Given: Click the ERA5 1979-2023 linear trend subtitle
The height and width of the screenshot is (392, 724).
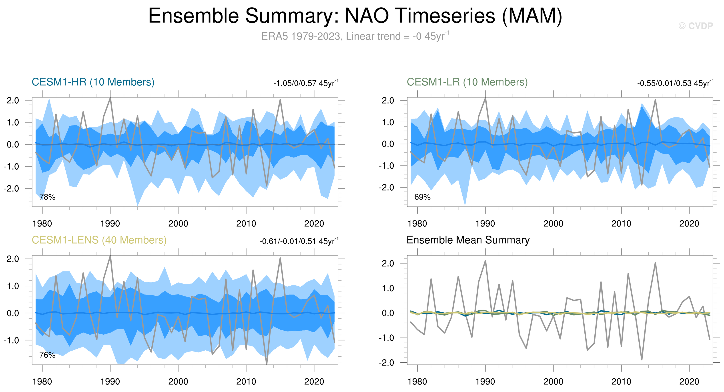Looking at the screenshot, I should click(355, 36).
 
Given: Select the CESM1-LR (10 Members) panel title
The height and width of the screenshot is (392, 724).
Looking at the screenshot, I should click(467, 82).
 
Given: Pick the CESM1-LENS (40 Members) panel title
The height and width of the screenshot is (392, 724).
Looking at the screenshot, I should click(99, 240).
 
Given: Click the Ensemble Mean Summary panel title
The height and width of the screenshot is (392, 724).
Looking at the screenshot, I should click(468, 240).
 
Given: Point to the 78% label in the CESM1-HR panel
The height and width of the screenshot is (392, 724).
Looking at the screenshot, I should click(47, 197).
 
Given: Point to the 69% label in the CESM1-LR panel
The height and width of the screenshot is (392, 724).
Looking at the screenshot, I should click(422, 197).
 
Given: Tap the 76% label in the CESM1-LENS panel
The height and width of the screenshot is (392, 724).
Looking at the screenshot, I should click(47, 355).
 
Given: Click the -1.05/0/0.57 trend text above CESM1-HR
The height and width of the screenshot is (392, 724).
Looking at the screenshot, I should click(306, 83).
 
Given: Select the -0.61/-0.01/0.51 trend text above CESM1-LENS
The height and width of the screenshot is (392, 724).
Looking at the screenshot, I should click(299, 241).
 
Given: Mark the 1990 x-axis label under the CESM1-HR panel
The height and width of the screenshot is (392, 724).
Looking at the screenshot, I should click(110, 224).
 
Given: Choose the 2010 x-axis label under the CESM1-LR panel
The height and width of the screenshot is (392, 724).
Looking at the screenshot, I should click(621, 224).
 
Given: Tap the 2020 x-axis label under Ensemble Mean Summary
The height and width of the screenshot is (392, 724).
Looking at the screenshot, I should click(689, 382).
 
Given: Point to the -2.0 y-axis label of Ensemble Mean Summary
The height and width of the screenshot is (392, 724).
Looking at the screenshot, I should click(387, 363).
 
